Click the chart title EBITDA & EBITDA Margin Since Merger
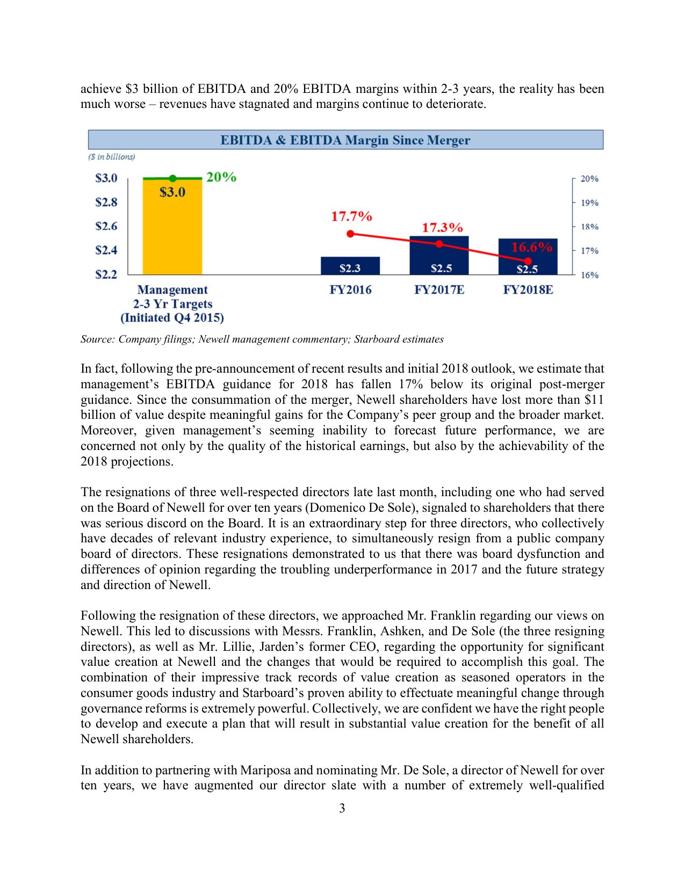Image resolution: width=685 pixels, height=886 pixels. [345, 140]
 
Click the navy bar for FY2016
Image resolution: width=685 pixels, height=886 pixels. [350, 266]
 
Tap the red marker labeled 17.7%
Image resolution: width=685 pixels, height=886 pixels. [350, 234]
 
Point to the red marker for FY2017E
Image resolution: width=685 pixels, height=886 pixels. [439, 244]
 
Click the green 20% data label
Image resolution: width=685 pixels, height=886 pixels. [221, 177]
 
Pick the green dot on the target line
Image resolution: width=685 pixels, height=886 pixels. [172, 178]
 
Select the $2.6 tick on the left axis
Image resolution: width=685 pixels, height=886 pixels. [106, 226]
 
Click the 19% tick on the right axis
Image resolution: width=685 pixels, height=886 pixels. [589, 203]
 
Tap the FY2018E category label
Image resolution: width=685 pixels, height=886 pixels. [528, 290]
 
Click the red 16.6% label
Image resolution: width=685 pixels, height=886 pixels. [531, 247]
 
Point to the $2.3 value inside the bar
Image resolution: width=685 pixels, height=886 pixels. [350, 268]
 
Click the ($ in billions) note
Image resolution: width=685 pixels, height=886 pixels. [112, 157]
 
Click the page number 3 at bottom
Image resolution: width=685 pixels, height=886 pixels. [342, 808]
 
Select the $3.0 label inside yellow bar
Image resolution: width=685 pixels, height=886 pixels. [172, 192]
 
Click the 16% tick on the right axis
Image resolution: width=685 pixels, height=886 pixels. [589, 275]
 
